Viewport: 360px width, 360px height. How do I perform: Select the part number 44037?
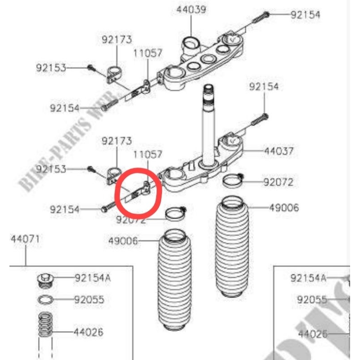click(279, 152)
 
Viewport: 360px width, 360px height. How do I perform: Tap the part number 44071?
click(25, 239)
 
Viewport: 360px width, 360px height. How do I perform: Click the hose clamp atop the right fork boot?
click(233, 180)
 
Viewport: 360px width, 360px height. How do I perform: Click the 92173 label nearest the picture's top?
click(117, 40)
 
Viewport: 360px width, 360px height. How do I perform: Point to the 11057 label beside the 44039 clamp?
click(148, 53)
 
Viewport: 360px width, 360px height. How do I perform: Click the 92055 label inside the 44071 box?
click(89, 299)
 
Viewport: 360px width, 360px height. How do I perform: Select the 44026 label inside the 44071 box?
click(88, 333)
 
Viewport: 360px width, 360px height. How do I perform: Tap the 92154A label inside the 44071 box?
click(92, 278)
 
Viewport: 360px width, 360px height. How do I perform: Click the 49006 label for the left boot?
click(123, 241)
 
